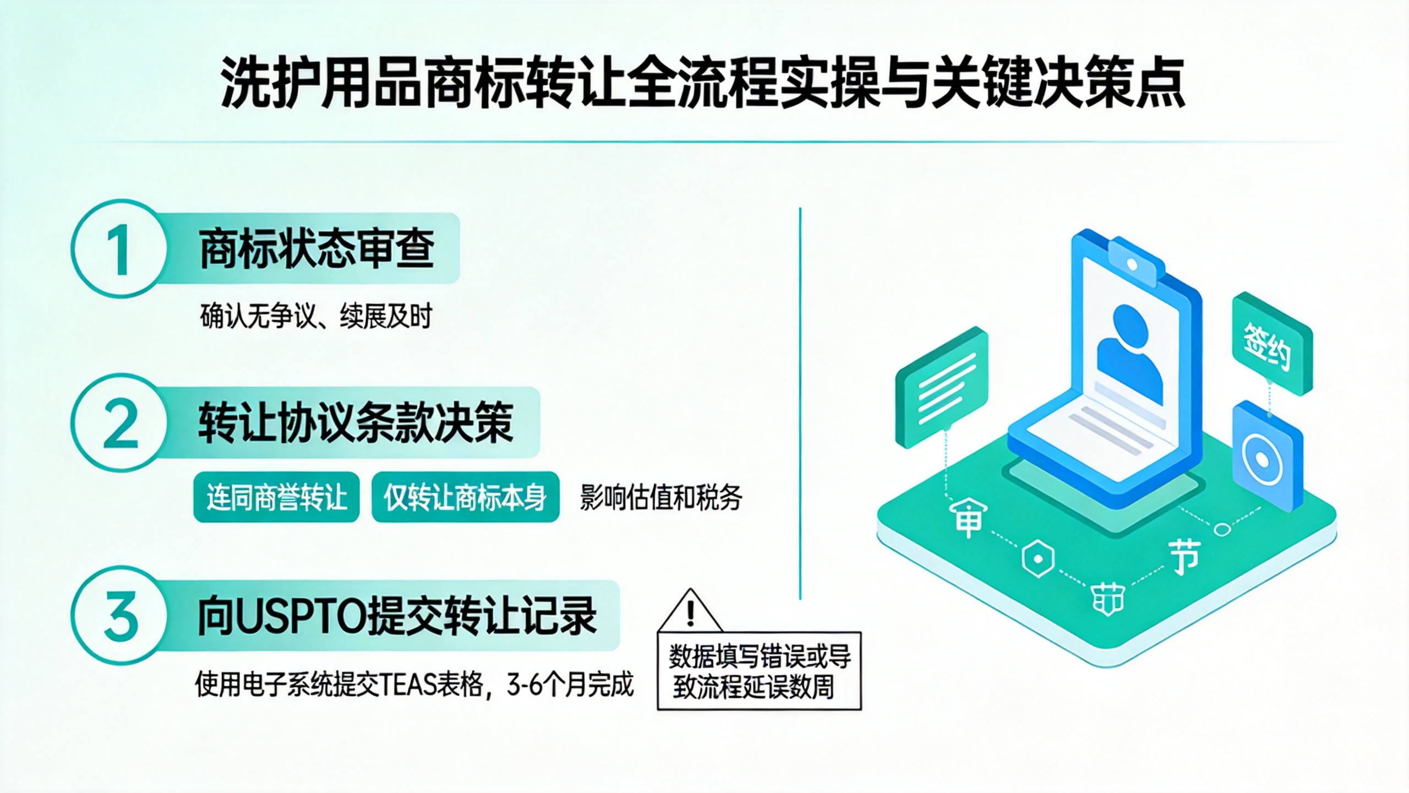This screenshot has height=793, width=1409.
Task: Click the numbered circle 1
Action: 119,249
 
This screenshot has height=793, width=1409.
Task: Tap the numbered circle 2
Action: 119,423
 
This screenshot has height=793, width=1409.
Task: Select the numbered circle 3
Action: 119,616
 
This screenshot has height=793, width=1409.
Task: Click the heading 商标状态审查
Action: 317,248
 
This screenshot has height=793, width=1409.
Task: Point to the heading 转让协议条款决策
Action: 356,422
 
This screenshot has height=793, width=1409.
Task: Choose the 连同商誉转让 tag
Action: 276,497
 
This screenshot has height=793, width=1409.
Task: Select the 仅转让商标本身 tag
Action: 466,497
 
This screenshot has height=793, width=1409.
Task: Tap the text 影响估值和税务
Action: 661,497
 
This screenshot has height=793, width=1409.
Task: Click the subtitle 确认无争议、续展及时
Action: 316,316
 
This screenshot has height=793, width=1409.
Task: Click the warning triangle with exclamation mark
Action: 690,610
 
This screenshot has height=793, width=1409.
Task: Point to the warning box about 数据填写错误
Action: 760,671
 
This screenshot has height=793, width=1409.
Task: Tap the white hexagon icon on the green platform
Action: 1038,559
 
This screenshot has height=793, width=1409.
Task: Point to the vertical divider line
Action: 800,403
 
